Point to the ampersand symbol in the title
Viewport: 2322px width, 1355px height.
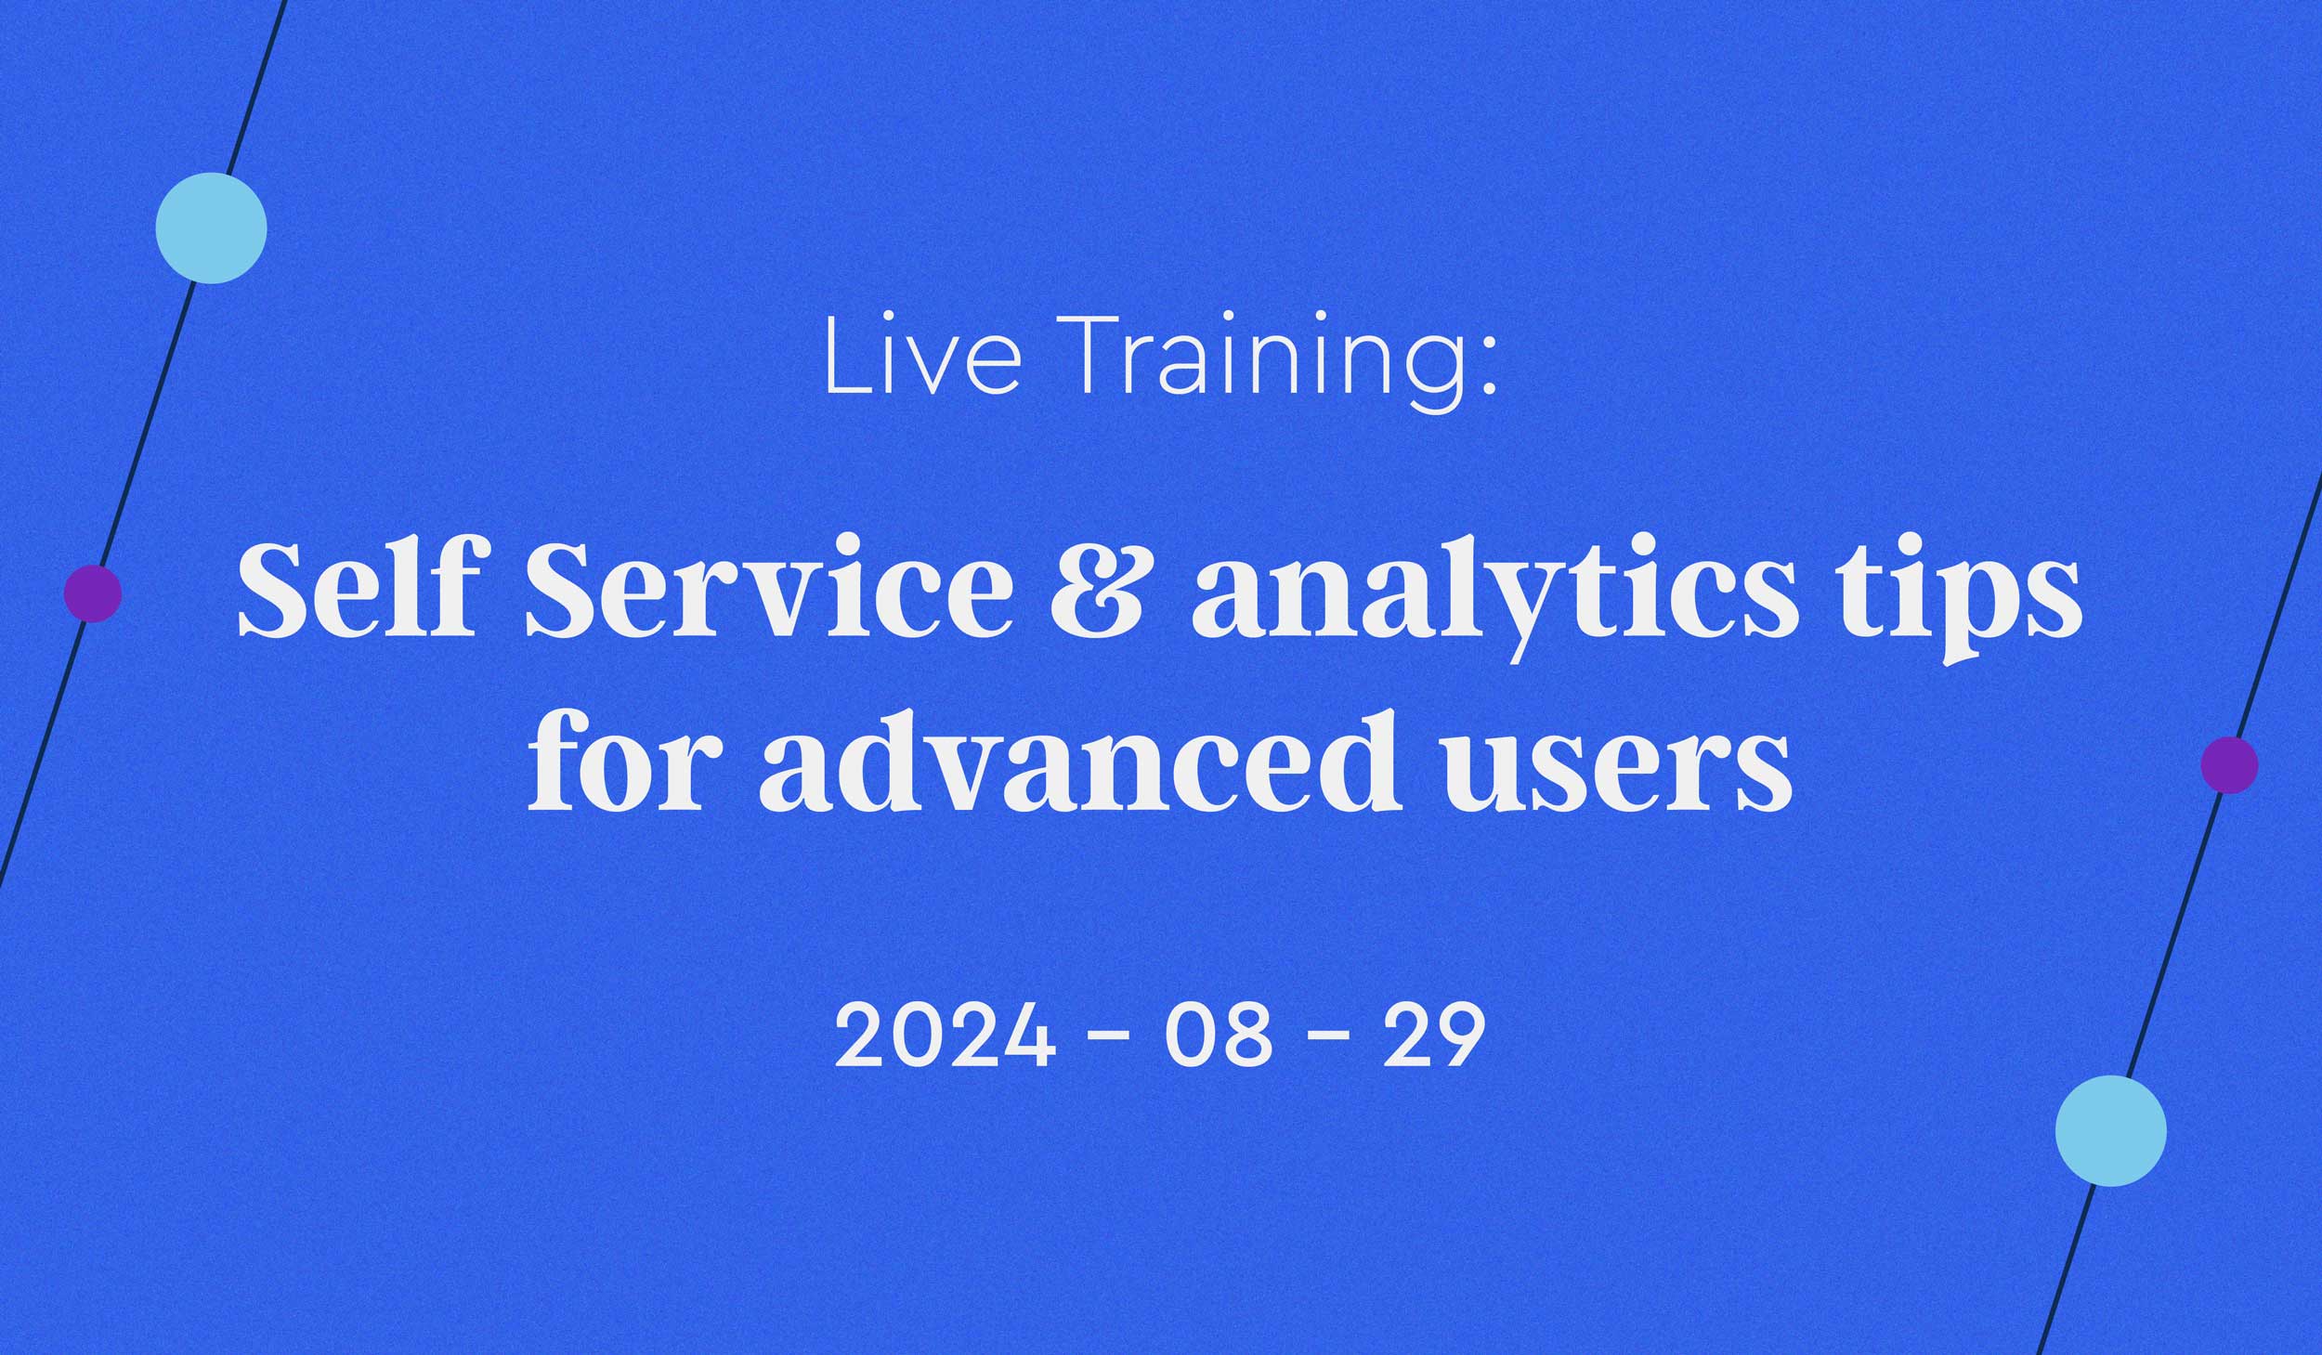click(1096, 592)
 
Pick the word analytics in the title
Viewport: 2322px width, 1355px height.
click(1495, 595)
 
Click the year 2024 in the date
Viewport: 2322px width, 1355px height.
click(945, 1036)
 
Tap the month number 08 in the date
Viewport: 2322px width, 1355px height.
click(1218, 1036)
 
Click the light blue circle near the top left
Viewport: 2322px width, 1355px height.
click(211, 228)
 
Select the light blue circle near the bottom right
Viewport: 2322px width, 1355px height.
click(2110, 1130)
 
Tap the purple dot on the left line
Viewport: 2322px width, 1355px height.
click(93, 593)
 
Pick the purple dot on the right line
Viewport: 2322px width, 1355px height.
click(2229, 764)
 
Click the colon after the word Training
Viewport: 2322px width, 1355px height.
click(1489, 367)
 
